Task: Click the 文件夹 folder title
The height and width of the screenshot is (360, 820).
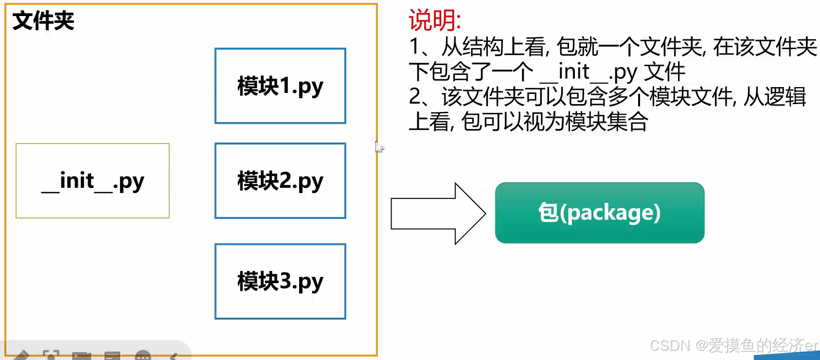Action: coord(43,21)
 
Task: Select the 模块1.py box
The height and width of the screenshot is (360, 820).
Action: coord(280,86)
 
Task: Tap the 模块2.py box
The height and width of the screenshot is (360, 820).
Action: coord(280,181)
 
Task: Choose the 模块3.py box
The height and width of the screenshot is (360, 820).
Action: coord(280,281)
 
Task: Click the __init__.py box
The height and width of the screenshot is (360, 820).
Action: coord(92,181)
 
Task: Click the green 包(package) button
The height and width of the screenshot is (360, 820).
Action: coord(599,213)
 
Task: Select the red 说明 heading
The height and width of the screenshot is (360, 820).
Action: coord(434,20)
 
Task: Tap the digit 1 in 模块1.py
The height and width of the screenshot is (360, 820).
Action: coord(285,86)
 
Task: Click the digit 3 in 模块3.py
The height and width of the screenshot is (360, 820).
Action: coord(285,281)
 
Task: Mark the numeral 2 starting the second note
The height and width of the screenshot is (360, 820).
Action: coord(415,97)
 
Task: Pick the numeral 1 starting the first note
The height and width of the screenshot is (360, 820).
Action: coord(415,47)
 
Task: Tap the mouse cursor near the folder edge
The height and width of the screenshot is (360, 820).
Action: coord(378,146)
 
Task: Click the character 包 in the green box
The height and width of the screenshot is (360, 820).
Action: coord(548,213)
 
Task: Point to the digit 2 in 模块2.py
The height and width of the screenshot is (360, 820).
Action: coord(285,181)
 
